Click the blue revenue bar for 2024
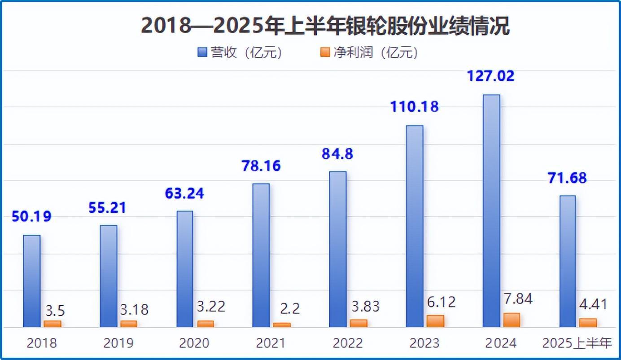(x=491, y=211)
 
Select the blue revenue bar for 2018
(x=32, y=281)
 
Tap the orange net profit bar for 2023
(x=435, y=321)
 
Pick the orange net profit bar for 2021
(x=282, y=325)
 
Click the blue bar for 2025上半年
(x=568, y=261)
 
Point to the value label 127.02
(x=491, y=75)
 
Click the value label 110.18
(x=414, y=107)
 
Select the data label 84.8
(x=337, y=154)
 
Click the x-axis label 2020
(x=194, y=343)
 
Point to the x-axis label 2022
(x=348, y=343)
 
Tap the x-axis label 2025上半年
(x=577, y=343)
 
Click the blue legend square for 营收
(x=202, y=53)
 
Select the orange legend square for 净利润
(x=325, y=53)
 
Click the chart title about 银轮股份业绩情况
(x=325, y=26)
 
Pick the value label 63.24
(x=184, y=193)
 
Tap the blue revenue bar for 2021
(x=261, y=255)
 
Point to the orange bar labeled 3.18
(x=129, y=323)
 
